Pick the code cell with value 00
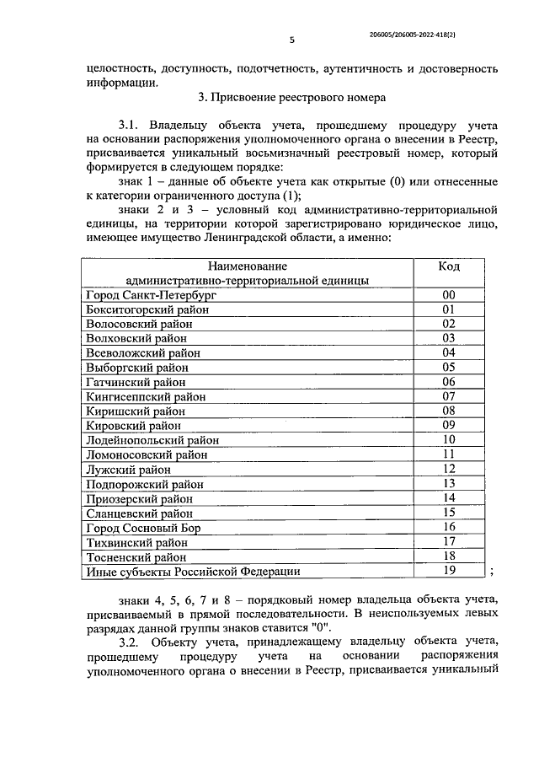[x=449, y=295]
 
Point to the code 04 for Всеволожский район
[x=449, y=353]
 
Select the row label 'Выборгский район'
[x=137, y=368]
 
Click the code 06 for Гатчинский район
[x=449, y=382]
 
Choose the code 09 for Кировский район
[x=449, y=425]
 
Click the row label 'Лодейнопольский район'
[x=152, y=440]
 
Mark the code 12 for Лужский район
[x=449, y=469]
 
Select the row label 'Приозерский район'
[x=139, y=498]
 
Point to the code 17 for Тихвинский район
[x=449, y=541]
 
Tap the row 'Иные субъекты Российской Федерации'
[x=193, y=572]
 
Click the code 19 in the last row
[x=449, y=571]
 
